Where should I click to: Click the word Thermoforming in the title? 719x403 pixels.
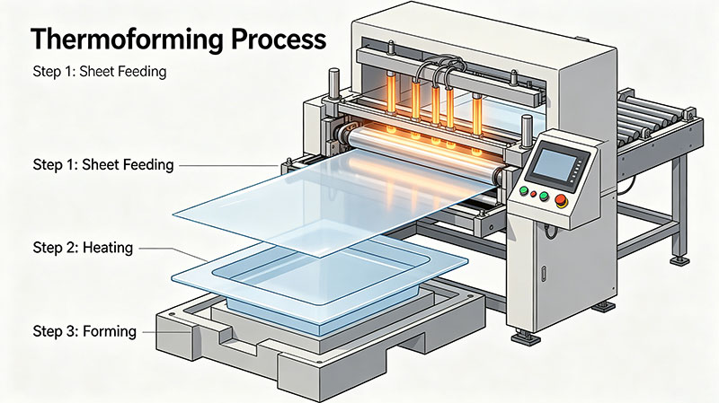click(x=127, y=40)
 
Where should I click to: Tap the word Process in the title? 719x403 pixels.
click(x=279, y=39)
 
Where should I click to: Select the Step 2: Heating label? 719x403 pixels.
click(x=83, y=248)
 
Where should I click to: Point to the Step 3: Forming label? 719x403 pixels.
click(x=84, y=331)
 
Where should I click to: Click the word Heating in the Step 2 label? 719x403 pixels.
click(x=108, y=248)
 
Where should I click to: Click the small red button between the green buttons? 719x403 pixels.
click(x=533, y=194)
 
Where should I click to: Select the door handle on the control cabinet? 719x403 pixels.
click(x=545, y=274)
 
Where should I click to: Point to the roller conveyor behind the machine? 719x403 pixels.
click(x=656, y=120)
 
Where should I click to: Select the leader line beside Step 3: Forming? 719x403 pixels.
click(x=166, y=331)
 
